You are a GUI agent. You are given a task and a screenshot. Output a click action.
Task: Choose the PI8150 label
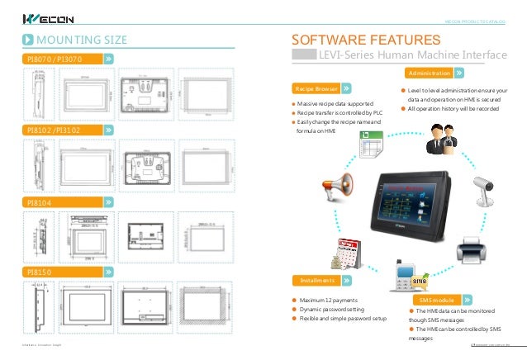point(40,271)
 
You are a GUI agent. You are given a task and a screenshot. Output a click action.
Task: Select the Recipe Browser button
point(317,88)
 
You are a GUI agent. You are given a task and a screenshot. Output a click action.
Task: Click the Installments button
point(317,280)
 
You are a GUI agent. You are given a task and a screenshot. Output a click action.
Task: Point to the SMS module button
point(438,298)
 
